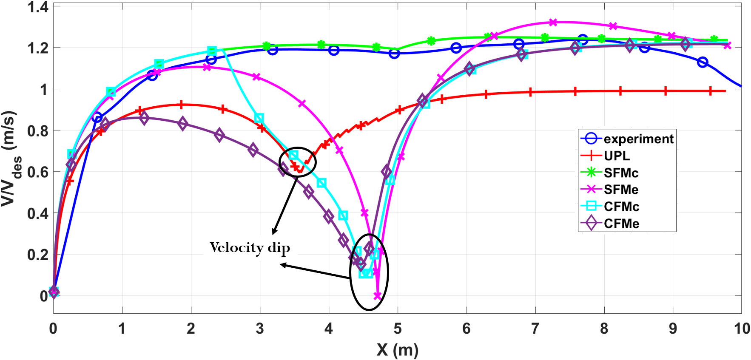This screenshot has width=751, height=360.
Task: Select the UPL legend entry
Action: (x=617, y=156)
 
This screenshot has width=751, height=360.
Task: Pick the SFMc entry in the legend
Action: (x=621, y=173)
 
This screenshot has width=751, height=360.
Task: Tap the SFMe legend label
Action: (x=621, y=190)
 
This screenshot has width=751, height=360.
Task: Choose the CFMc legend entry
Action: (x=621, y=207)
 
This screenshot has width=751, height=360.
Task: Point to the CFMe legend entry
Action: (x=621, y=224)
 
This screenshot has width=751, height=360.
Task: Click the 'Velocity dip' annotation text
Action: (x=250, y=247)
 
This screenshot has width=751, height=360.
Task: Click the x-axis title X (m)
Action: (x=397, y=350)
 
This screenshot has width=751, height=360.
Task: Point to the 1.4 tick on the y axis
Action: (x=38, y=7)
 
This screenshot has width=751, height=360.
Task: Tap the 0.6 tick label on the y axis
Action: (x=38, y=172)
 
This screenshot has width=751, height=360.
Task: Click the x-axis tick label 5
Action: (x=398, y=329)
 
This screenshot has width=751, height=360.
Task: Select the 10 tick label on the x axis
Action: (x=742, y=329)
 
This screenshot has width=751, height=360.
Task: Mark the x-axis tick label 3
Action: (x=260, y=329)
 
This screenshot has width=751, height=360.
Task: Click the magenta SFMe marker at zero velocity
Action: (x=377, y=296)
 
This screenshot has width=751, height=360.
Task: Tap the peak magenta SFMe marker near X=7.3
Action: (x=553, y=22)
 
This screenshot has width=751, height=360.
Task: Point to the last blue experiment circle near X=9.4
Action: (x=703, y=62)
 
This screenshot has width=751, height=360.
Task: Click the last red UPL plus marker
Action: (x=710, y=91)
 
